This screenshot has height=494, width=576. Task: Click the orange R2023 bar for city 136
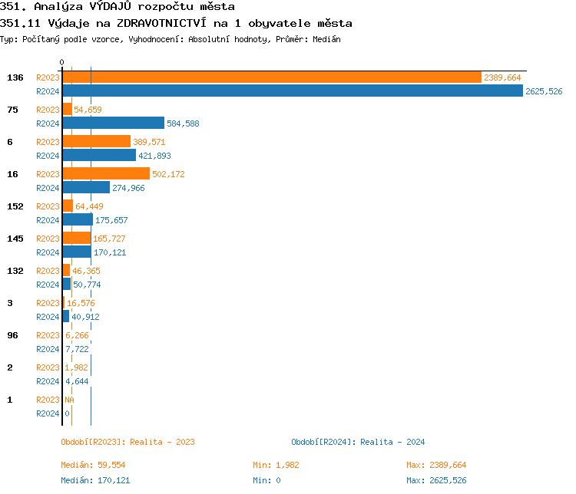pos(271,77)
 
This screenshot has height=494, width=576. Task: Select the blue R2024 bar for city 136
pos(292,91)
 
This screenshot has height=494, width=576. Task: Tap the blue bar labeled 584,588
pos(113,123)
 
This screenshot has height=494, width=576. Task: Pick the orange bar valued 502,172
pos(106,174)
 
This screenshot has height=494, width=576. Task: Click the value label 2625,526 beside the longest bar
pos(544,91)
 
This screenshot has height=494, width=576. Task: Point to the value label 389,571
pos(149,142)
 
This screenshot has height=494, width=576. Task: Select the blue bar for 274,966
pos(86,188)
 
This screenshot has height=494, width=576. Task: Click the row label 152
pos(15,206)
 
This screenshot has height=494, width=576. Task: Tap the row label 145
pos(15,239)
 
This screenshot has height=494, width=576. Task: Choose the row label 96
pos(12,335)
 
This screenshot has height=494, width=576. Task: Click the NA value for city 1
pos(69,400)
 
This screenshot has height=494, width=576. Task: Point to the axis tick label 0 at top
pos(62,62)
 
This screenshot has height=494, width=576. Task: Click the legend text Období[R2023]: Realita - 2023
pos(127,442)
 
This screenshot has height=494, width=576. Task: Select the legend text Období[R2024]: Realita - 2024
pos(358,442)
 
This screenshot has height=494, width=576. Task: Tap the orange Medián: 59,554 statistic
pos(93,465)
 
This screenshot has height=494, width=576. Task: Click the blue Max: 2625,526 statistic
pos(436,480)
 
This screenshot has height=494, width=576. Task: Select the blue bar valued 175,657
pos(78,220)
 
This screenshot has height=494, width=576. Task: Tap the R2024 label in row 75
pos(48,123)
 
